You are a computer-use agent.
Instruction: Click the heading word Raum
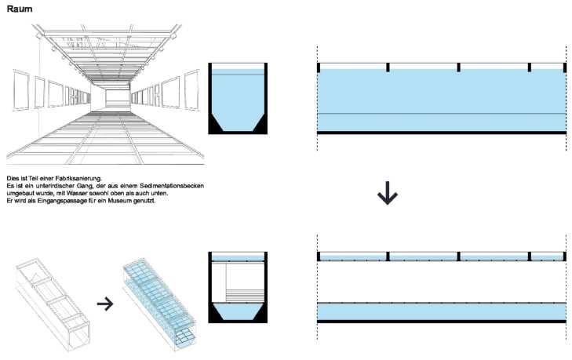[19, 9]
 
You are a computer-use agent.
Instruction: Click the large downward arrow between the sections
[385, 194]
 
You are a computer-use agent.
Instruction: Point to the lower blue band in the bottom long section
[441, 311]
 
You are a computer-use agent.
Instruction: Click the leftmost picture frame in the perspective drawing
[21, 91]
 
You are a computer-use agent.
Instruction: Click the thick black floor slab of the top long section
[441, 133]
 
